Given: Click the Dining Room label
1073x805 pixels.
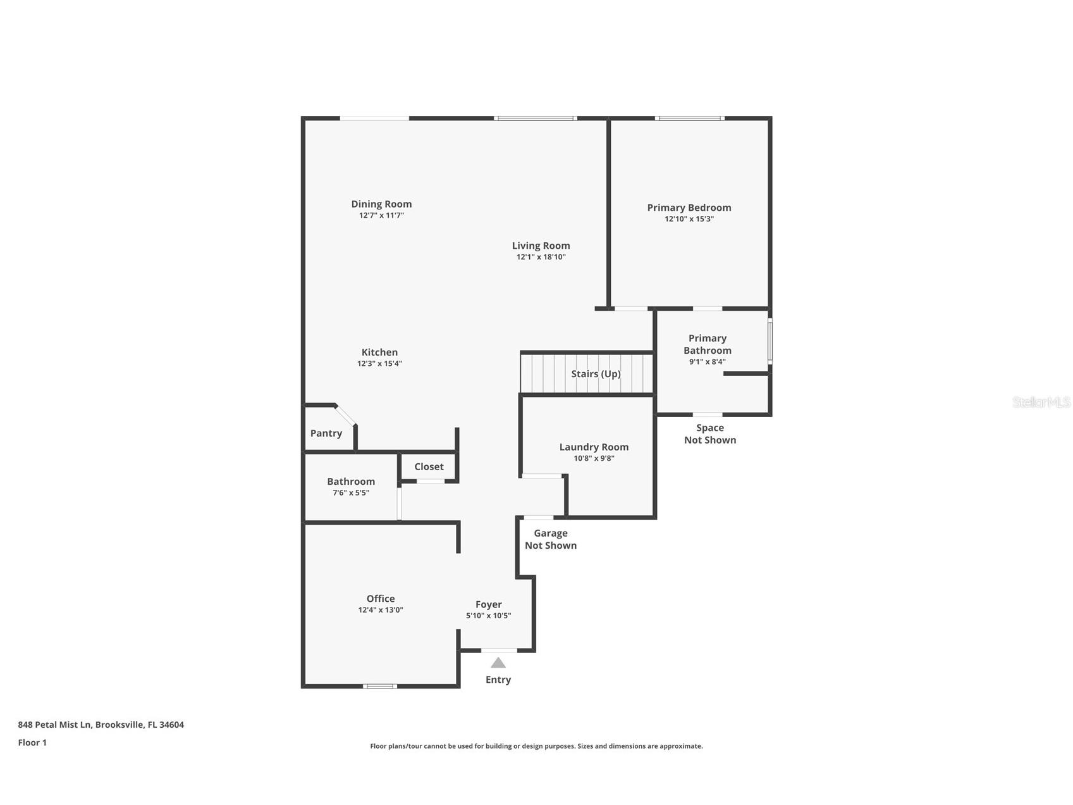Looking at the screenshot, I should click(381, 204).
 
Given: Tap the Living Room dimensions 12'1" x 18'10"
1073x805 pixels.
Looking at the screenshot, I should click(541, 257).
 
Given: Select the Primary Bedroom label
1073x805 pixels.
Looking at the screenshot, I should click(689, 208).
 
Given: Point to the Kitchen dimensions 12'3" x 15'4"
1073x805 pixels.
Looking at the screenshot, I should click(379, 363).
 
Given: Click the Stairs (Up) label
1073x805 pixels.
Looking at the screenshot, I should click(596, 374).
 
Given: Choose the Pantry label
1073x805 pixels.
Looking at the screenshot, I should click(326, 434).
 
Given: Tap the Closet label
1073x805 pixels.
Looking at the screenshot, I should click(429, 467).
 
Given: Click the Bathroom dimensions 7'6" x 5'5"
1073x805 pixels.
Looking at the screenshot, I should click(351, 493).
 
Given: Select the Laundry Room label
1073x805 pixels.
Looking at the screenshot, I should click(594, 447).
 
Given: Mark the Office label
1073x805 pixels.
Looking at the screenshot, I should click(381, 599).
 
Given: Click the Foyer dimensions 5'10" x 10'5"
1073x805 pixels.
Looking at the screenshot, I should click(488, 616).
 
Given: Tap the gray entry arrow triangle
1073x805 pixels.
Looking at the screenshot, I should click(498, 663).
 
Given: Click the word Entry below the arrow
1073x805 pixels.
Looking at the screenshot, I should click(498, 680).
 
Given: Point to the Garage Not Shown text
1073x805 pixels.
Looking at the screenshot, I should click(551, 540).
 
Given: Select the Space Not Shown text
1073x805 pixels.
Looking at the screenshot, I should click(710, 434).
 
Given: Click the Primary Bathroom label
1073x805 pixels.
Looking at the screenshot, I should click(708, 344).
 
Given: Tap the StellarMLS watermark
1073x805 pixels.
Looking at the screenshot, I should click(1041, 403).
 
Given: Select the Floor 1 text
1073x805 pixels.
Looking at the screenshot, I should click(32, 743).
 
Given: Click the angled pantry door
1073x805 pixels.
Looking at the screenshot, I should click(345, 415).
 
